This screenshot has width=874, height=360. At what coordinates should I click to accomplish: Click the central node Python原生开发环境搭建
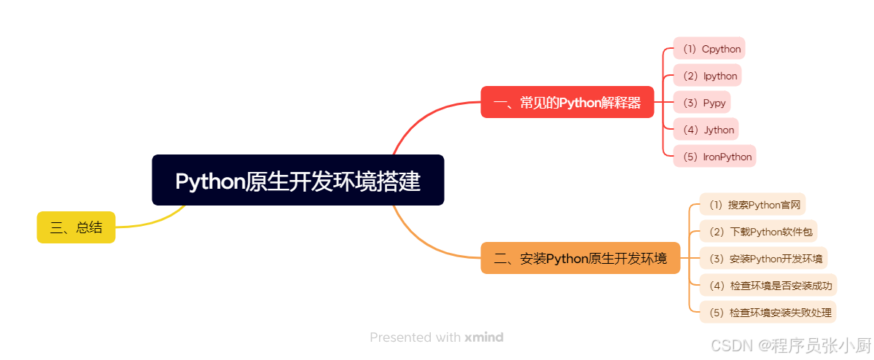click(297, 180)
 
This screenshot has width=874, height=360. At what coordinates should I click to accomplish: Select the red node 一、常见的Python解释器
click(567, 102)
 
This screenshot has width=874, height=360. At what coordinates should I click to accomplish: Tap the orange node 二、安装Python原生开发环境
click(580, 258)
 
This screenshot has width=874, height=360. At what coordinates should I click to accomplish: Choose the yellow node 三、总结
click(76, 227)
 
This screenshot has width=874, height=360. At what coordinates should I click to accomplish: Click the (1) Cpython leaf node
click(709, 49)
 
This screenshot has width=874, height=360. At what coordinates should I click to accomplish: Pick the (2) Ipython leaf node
click(707, 76)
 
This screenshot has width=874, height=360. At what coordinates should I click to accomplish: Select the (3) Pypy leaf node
click(701, 103)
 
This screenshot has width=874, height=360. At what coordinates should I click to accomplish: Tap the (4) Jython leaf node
click(706, 130)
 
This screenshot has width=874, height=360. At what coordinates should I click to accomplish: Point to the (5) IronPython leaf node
click(714, 157)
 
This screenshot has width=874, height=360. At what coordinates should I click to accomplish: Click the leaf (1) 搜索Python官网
click(753, 205)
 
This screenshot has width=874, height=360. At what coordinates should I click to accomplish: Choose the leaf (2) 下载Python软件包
click(758, 232)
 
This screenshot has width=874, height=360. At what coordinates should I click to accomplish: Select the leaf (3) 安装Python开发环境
click(763, 258)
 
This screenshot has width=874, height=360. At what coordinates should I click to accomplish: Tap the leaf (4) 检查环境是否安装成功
click(768, 285)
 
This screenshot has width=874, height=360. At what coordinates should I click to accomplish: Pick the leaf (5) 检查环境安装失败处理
click(768, 312)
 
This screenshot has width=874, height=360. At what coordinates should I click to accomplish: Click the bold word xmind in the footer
click(484, 337)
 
